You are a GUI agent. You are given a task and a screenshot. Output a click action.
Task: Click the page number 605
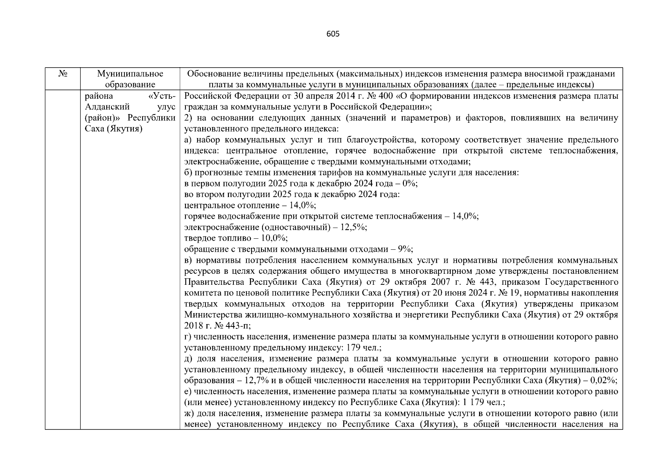pyautogui.click(x=333, y=34)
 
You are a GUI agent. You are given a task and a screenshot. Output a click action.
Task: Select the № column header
pyautogui.click(x=62, y=74)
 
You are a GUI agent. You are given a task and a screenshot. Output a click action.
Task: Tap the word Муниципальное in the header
pyautogui.click(x=130, y=74)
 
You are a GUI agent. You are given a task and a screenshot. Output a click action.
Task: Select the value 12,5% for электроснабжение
pyautogui.click(x=355, y=227)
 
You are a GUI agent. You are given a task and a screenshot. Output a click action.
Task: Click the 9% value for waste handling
pyautogui.click(x=405, y=249)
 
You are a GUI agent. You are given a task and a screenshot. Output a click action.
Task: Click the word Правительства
pyautogui.click(x=214, y=282)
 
